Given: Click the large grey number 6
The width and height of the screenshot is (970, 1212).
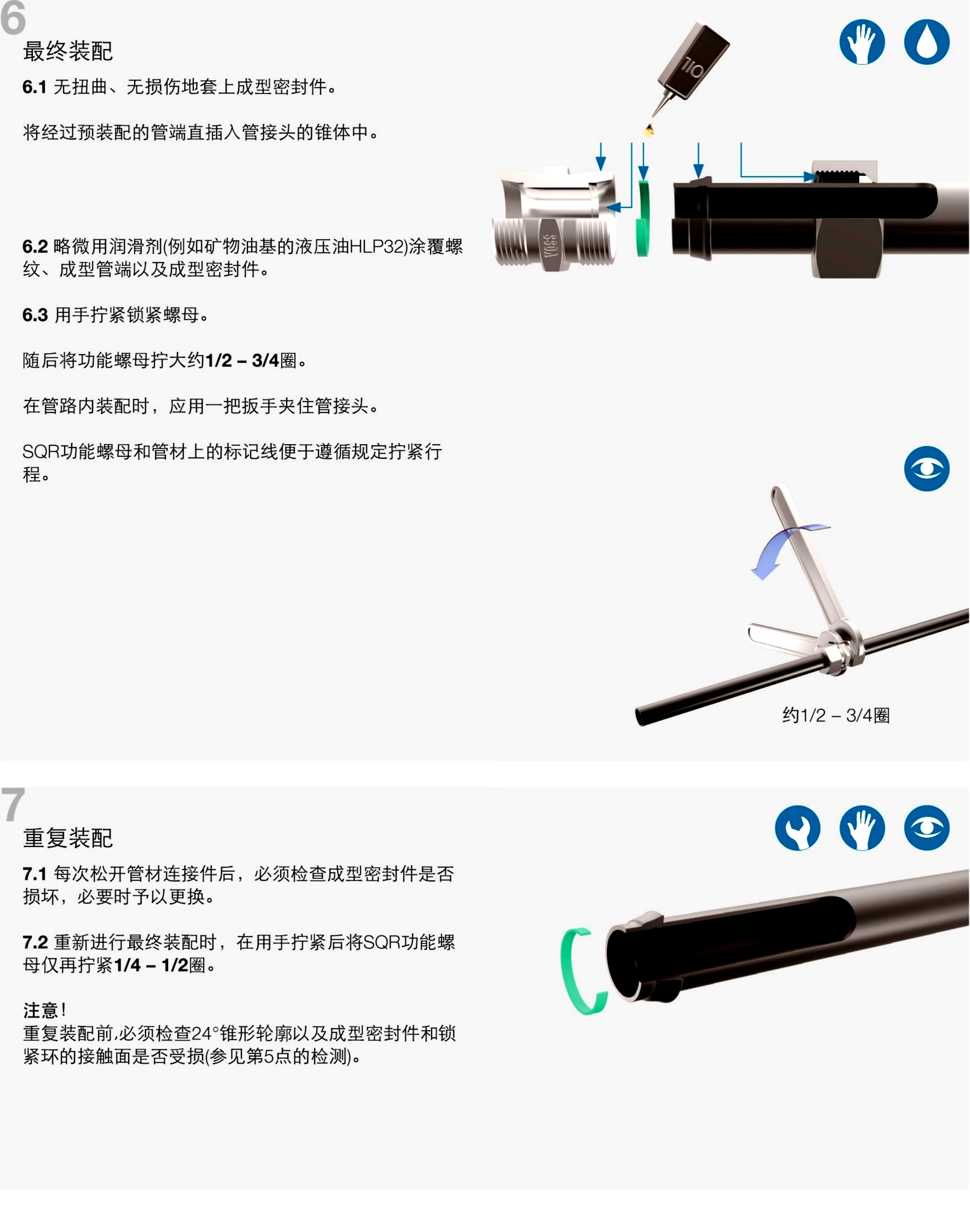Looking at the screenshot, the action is pos(13,18).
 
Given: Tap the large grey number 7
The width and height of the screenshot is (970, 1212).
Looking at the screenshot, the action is pos(13,804).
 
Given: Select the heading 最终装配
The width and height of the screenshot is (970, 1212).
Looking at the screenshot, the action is pos(68,51).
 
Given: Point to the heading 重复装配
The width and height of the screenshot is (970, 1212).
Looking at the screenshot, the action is pos(68,838).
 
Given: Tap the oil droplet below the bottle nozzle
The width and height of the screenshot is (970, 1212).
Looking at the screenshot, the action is pos(649,130).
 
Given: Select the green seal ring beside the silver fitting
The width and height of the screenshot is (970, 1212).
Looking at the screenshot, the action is pos(643,219).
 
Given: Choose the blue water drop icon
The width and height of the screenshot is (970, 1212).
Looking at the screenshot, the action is pos(927,42).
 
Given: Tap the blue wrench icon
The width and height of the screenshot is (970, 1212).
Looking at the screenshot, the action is pos(798,828).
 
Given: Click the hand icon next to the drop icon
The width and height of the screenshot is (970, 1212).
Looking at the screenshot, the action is pos(862,42).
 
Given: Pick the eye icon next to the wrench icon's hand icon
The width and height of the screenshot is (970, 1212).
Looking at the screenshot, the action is pos(927,828).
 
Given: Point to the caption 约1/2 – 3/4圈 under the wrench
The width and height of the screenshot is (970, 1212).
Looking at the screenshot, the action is pos(836,715).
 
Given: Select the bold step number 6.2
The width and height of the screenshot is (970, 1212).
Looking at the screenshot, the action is pos(35,246).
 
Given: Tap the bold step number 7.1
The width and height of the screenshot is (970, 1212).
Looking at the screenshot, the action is pos(35,874).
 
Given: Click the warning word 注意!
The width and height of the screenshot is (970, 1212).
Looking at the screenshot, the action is pos(45,1010).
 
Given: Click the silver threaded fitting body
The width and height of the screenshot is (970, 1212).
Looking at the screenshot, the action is pos(554,219).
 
